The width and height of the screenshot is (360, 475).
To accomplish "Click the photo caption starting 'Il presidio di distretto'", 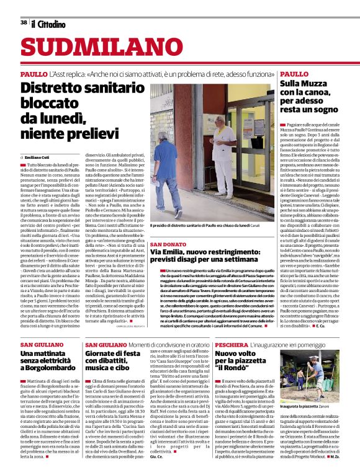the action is (x=205, y=226).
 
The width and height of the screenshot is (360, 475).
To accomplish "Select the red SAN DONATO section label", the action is (x=168, y=237).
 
